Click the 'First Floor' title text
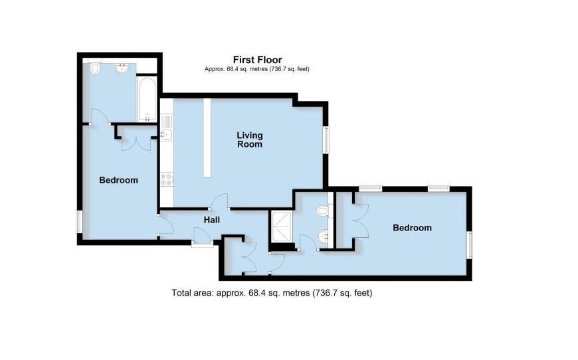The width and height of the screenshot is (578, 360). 256,60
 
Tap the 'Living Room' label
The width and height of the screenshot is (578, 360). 250,139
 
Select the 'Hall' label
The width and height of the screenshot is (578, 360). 212,220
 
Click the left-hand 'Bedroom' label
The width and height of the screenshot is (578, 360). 118,180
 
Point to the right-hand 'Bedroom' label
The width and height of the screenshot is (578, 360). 412,228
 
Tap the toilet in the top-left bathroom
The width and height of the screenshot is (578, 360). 94,68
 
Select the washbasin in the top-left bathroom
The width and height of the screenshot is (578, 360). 123,68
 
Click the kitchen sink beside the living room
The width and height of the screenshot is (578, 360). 166,135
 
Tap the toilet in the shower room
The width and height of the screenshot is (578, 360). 323,211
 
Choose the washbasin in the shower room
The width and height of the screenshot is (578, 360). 324,235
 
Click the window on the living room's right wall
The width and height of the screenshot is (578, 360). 327,140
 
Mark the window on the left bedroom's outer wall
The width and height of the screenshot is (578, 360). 80,221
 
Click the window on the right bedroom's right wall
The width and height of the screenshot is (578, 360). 470,244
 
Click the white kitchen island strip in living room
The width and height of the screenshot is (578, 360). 207,137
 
